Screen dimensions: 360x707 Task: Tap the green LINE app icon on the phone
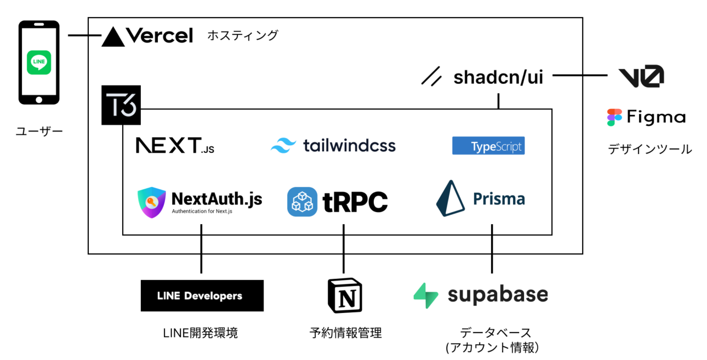coord(39,62)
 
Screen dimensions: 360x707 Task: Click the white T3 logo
coord(121,105)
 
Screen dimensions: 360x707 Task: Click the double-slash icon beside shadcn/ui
coord(431,76)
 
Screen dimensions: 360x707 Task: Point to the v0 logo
coord(641,76)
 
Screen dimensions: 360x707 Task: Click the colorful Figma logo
coord(615,117)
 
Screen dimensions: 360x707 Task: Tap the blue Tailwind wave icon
coord(283,145)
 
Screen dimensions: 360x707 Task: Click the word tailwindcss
coord(350,145)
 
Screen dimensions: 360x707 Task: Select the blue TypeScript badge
coord(488,146)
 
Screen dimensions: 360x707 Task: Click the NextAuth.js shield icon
coord(152,202)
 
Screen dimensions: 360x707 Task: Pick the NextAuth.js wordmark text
coord(217,199)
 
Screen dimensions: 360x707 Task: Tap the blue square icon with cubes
coord(302,202)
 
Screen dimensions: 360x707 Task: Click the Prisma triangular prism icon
coord(450,198)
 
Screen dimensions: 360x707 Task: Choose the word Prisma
coord(499,199)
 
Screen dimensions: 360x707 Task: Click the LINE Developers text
coord(199,296)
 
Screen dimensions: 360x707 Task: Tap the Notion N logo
coord(346,295)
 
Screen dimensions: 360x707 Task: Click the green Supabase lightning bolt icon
coord(426,295)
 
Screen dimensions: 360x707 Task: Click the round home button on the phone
coord(39,100)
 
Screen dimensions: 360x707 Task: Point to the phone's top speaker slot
coord(39,24)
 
